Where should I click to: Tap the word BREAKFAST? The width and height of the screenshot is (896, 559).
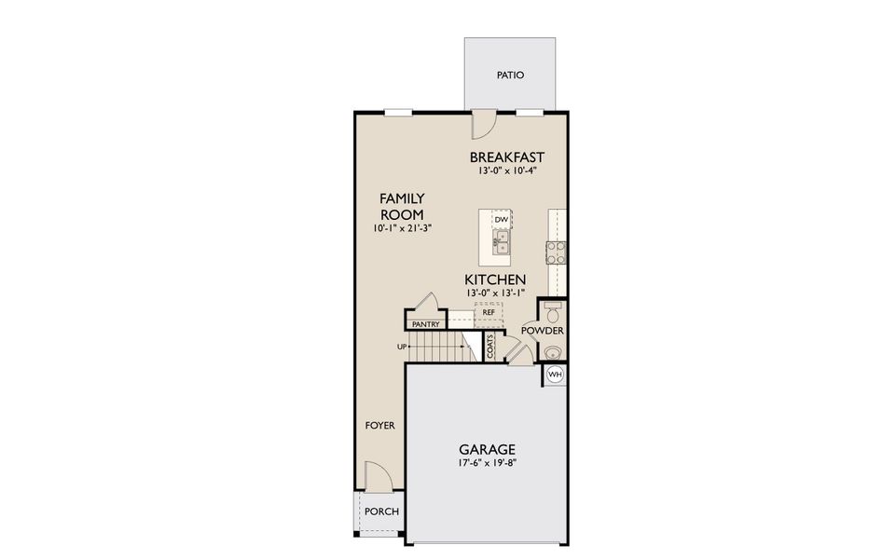click(506, 157)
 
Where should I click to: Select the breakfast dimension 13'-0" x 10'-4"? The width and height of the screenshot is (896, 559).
click(506, 171)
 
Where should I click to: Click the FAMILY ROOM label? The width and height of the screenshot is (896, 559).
click(402, 206)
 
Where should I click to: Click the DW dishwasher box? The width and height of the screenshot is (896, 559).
click(501, 220)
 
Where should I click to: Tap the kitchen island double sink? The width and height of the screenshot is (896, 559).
click(501, 245)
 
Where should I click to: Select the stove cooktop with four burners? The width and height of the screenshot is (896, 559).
click(557, 252)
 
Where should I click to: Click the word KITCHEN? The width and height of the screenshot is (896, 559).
click(496, 279)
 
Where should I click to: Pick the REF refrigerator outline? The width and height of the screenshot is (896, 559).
click(488, 313)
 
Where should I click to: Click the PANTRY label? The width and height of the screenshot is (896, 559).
click(425, 324)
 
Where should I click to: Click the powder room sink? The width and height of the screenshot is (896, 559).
click(554, 352)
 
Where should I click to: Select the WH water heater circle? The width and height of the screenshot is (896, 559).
click(555, 375)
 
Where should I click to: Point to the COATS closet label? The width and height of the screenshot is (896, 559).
click(489, 347)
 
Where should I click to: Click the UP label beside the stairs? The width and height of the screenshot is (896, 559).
click(402, 347)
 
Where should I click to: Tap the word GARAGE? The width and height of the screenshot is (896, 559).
click(488, 448)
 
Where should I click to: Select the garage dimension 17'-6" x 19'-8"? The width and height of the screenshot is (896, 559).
click(488, 463)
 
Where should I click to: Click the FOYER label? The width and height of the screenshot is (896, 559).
click(379, 426)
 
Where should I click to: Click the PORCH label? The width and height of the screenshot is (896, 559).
click(381, 511)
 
